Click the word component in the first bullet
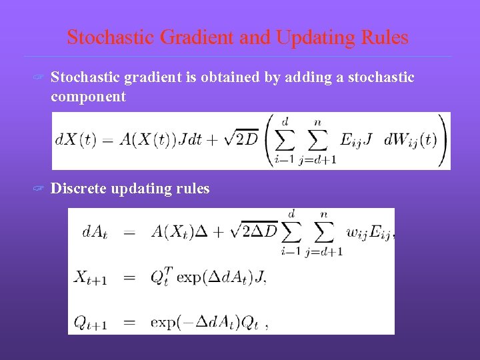[x=88, y=97]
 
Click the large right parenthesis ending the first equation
[x=442, y=140]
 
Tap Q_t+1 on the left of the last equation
[x=91, y=323]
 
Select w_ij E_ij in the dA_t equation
[x=369, y=232]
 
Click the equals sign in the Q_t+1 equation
[x=129, y=323]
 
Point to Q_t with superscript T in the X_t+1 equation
[x=160, y=276]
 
